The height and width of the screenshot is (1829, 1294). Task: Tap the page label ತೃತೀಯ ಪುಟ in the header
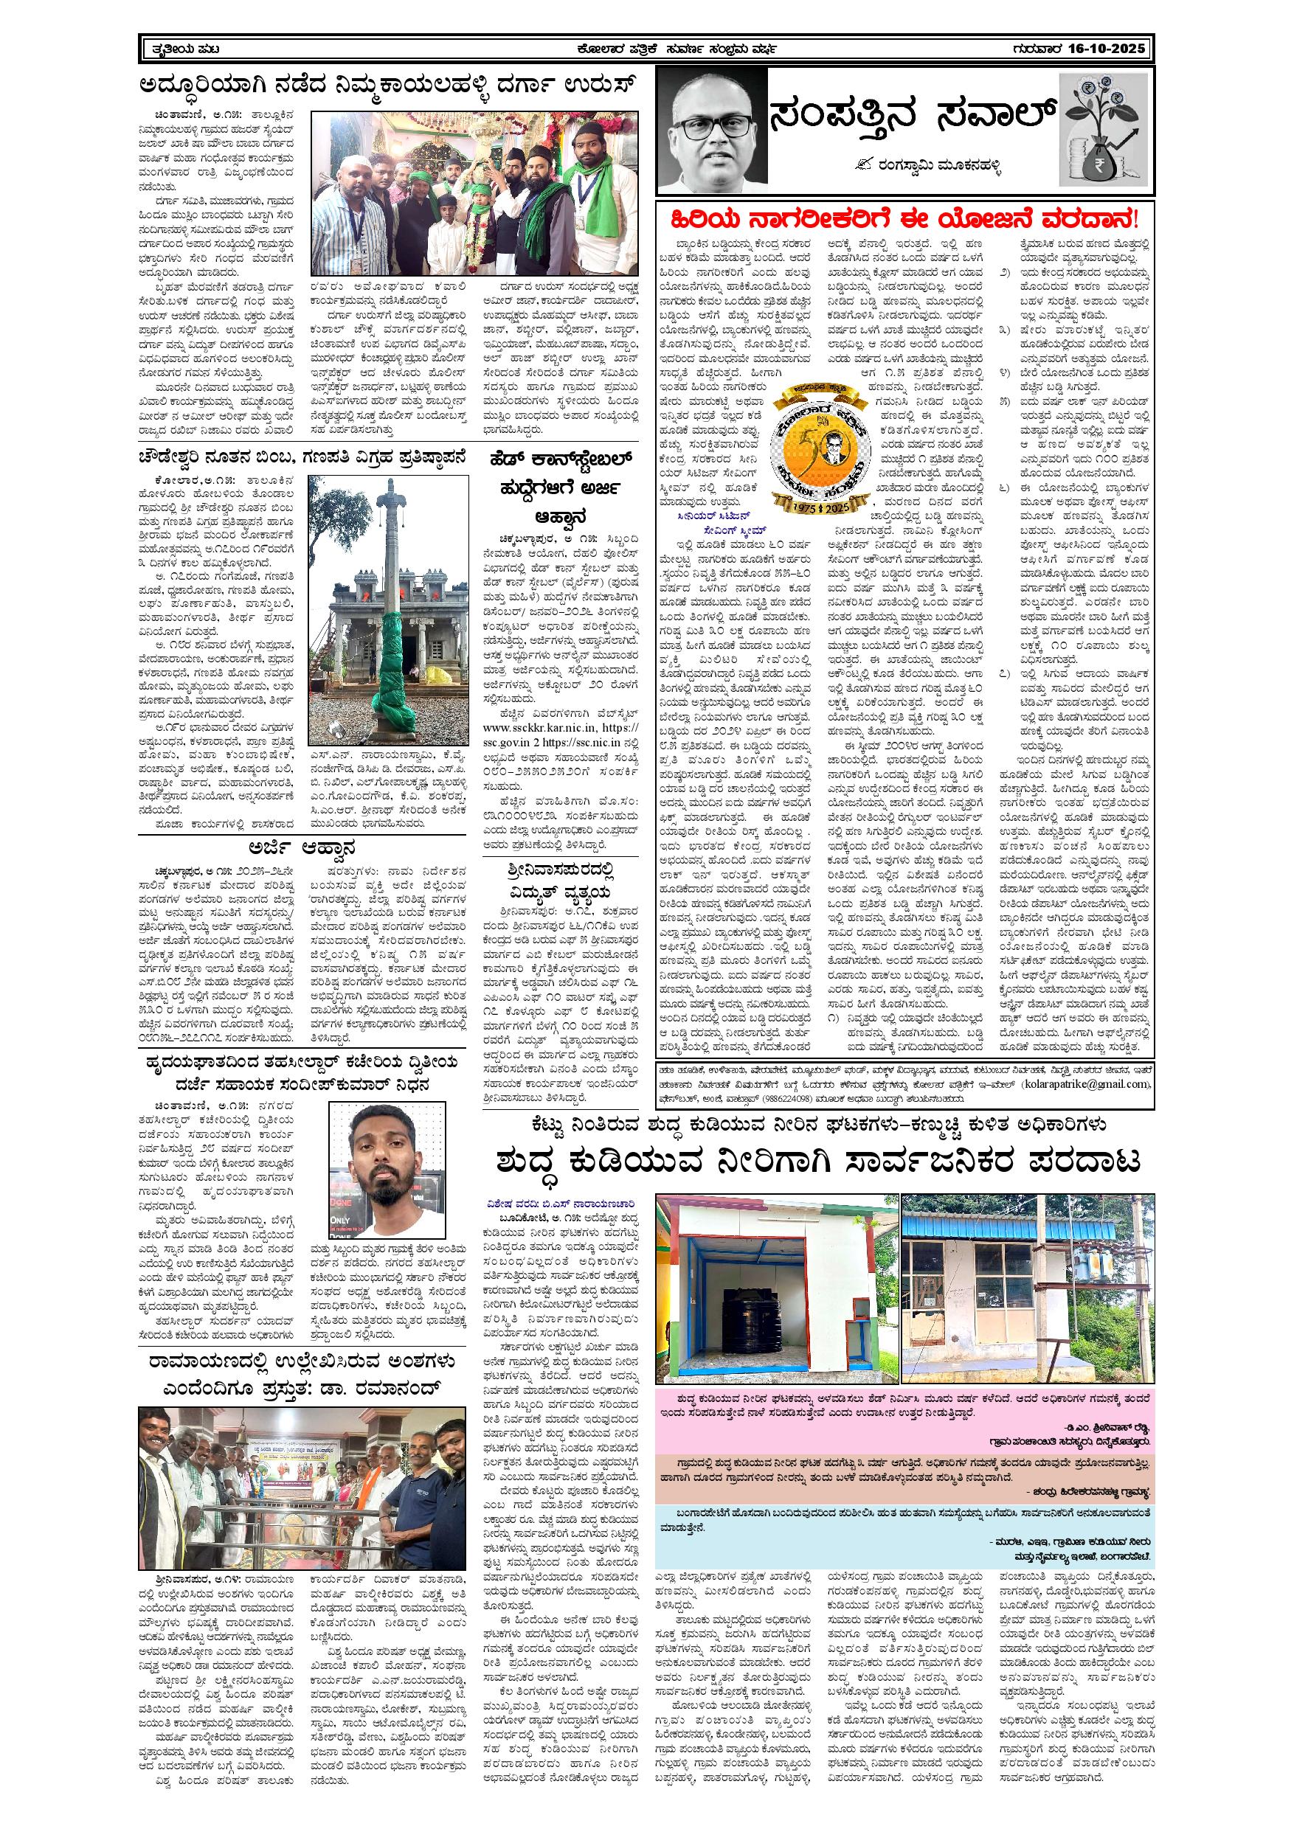tap(185, 49)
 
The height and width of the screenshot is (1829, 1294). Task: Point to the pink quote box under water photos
tap(904, 1420)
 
